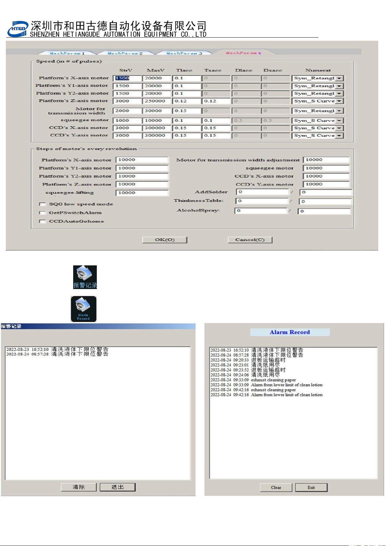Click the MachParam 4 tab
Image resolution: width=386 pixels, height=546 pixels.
click(243, 53)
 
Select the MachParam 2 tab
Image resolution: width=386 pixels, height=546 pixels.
click(125, 53)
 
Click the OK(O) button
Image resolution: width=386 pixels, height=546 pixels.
click(165, 240)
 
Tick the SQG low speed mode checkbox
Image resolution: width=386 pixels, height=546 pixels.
click(42, 204)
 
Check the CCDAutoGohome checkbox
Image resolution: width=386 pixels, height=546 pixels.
click(42, 222)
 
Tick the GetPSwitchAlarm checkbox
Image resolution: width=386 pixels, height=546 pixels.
click(42, 213)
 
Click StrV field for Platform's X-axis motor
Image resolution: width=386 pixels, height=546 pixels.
click(127, 78)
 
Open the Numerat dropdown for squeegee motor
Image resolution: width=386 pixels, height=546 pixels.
click(339, 121)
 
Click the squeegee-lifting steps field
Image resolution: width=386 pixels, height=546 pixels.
click(142, 193)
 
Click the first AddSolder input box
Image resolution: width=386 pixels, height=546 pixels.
click(262, 192)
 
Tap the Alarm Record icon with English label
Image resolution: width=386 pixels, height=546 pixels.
click(84, 309)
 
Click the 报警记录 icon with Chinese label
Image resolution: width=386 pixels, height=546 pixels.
click(85, 277)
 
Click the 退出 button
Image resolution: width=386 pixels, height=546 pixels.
click(118, 487)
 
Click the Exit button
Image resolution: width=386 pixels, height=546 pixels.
click(311, 487)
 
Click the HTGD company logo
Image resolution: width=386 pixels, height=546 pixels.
click(18, 29)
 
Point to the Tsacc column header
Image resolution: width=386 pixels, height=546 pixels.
click(213, 70)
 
